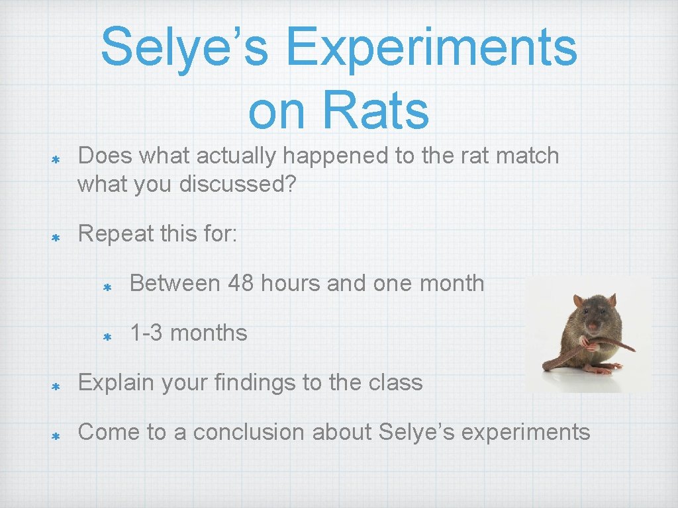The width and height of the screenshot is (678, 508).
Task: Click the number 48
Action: (x=242, y=283)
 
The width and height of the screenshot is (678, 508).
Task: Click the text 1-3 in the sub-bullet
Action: (x=146, y=333)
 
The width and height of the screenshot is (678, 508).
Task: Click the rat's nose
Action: (x=594, y=326)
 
